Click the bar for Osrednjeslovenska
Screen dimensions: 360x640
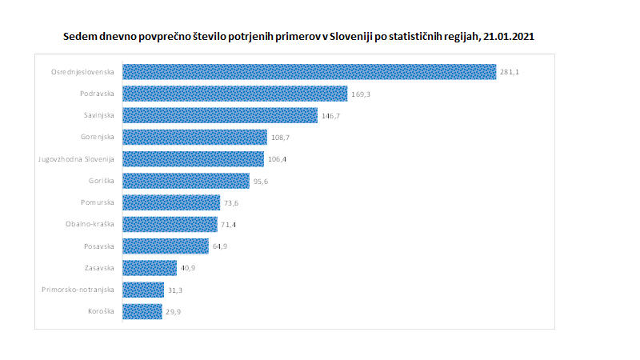309,72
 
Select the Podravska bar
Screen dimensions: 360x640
235,94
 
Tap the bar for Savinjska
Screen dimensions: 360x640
220,115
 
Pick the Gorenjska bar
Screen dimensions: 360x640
194,137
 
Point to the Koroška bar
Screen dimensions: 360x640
142,311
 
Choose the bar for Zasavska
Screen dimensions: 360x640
150,268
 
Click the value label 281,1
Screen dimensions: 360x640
510,73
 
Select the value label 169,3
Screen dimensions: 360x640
361,94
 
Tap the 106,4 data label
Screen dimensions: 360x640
278,159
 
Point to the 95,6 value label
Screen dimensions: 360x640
262,181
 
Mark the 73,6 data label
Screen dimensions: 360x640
232,202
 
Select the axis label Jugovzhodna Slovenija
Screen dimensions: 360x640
77,158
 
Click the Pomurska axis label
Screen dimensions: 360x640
98,202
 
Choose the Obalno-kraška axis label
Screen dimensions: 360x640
90,224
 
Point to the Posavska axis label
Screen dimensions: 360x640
99,246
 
